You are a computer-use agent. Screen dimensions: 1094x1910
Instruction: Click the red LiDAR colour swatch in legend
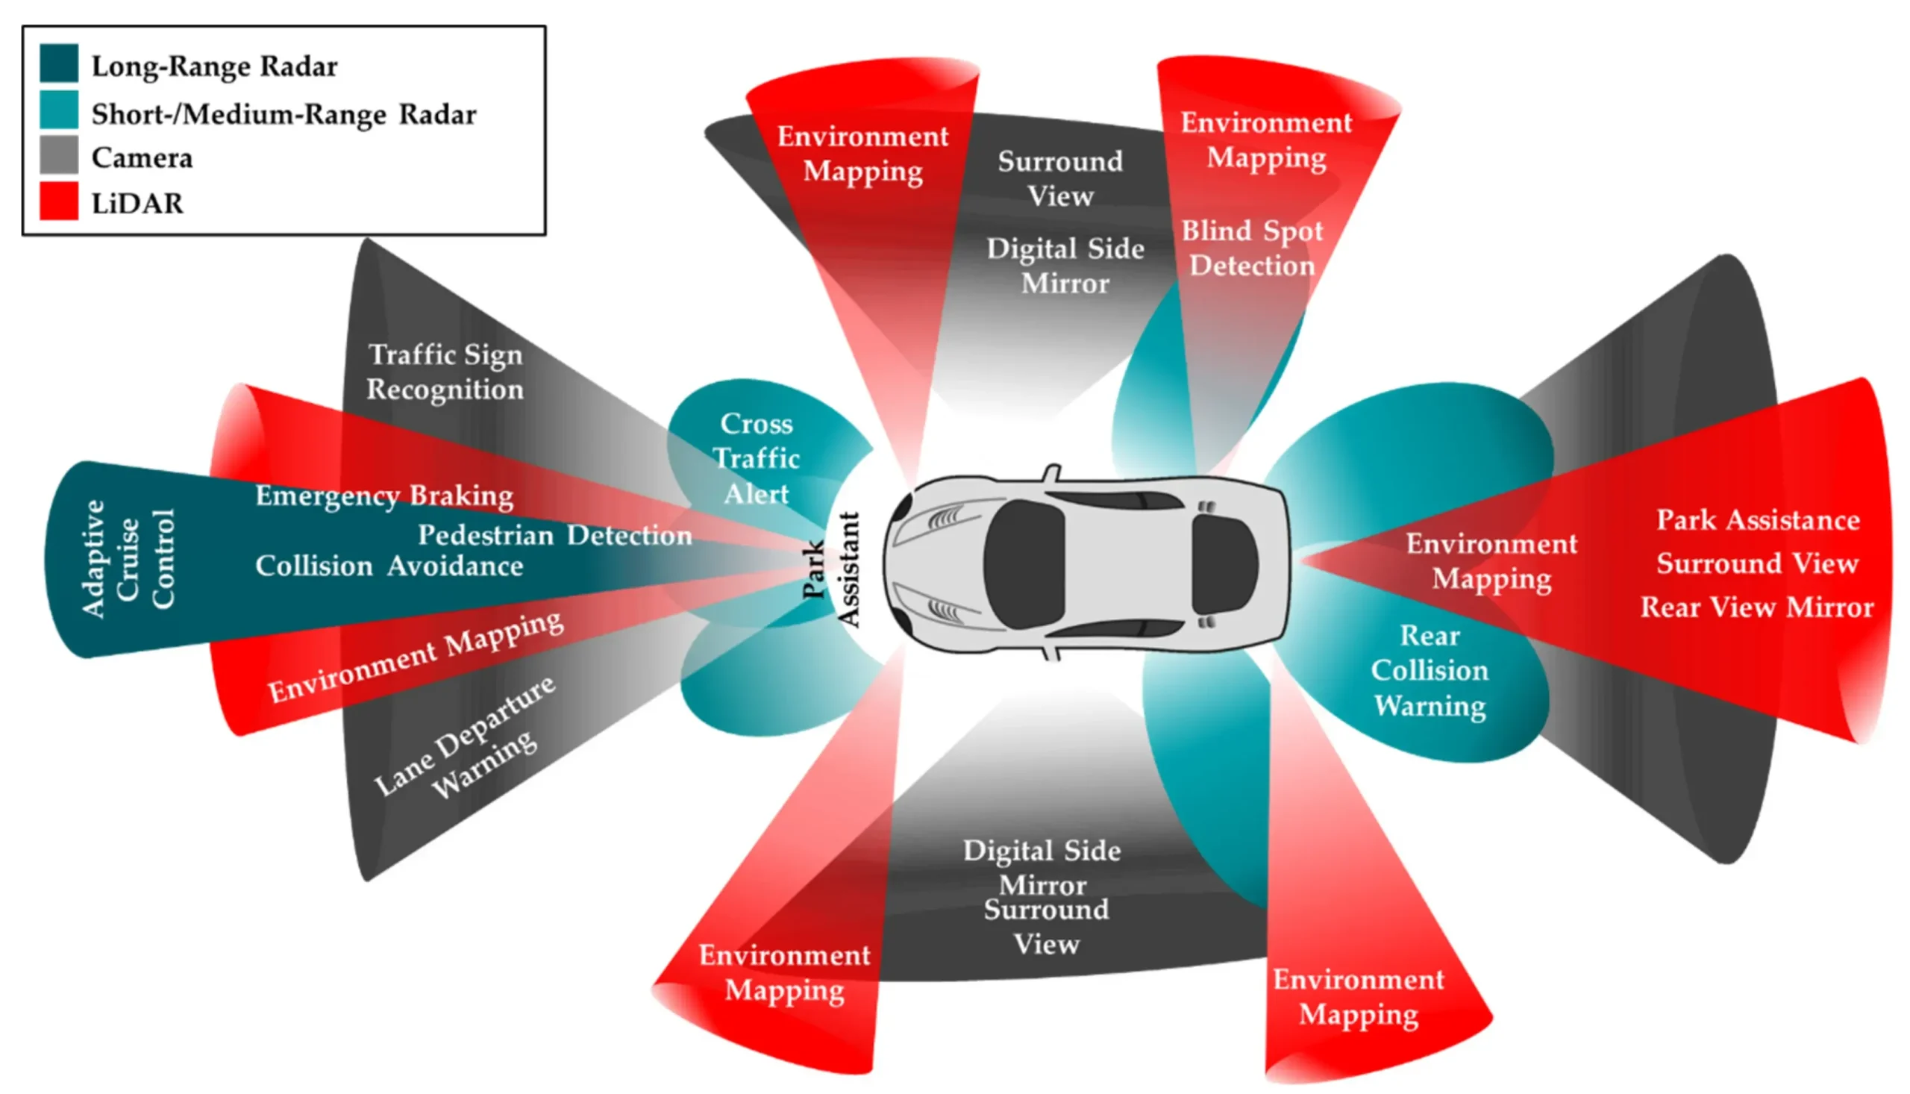[59, 201]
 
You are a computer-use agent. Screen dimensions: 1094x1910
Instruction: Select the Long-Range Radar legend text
[214, 67]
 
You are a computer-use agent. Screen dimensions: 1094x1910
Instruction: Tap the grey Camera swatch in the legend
[59, 154]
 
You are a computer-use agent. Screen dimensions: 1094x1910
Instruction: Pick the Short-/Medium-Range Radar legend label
[284, 114]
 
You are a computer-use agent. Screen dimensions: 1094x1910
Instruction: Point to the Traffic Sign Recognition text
[445, 372]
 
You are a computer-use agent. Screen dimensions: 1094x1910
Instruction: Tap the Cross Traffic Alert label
[757, 458]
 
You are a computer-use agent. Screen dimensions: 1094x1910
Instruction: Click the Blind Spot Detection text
[1251, 248]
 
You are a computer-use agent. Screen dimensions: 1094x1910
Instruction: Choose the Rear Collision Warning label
[1430, 671]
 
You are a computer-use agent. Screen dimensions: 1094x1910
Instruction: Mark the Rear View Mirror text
[1756, 607]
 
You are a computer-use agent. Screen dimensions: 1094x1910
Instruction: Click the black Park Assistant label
[830, 569]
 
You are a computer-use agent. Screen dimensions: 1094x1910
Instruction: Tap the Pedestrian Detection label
[554, 535]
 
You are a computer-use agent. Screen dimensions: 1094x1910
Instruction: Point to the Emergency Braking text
[383, 496]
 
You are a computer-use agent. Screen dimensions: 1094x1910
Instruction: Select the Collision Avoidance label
[389, 566]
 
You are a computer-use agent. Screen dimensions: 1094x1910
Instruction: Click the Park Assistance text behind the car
[1758, 520]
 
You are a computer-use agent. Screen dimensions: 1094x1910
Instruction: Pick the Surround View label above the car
[1059, 179]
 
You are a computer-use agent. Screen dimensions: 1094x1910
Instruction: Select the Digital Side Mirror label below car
[1042, 868]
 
